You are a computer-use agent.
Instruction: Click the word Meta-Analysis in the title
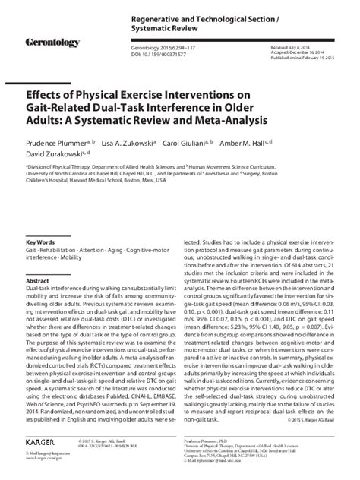click(229, 120)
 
